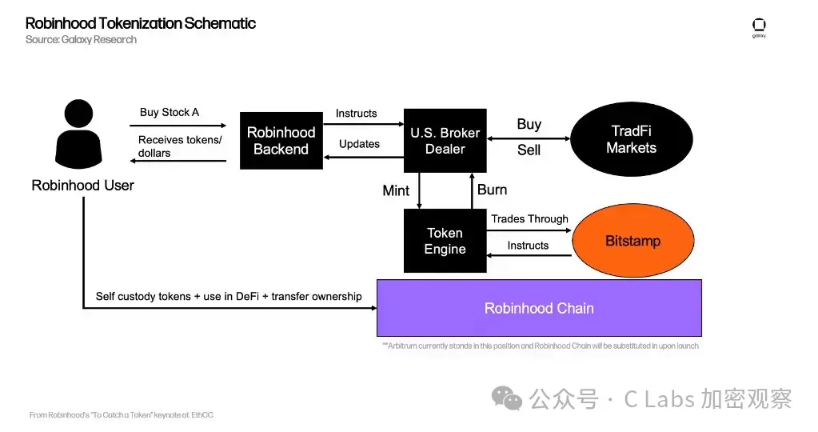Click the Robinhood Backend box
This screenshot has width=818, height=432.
[281, 140]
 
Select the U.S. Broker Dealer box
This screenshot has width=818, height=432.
[445, 141]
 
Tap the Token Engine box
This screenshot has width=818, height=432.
[445, 241]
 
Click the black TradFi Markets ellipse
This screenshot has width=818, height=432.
[631, 140]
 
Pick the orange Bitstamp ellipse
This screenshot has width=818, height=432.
[632, 241]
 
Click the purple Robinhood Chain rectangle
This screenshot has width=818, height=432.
[539, 308]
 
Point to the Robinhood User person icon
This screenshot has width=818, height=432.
[83, 133]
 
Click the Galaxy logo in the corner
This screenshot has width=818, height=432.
[759, 27]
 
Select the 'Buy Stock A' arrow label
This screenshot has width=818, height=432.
[170, 112]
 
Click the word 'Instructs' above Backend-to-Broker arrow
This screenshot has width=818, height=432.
[356, 113]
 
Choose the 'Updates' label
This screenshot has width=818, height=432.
[359, 144]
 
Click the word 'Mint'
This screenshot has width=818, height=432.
[396, 190]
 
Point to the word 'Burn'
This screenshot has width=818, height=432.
[492, 190]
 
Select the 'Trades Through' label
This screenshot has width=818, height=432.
[529, 218]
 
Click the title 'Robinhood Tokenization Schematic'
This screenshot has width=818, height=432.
[141, 23]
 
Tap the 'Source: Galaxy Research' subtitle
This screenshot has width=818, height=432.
[81, 40]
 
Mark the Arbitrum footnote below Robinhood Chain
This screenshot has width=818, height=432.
[540, 346]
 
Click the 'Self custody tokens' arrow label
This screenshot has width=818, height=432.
[229, 296]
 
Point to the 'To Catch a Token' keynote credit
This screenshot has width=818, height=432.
[122, 415]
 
